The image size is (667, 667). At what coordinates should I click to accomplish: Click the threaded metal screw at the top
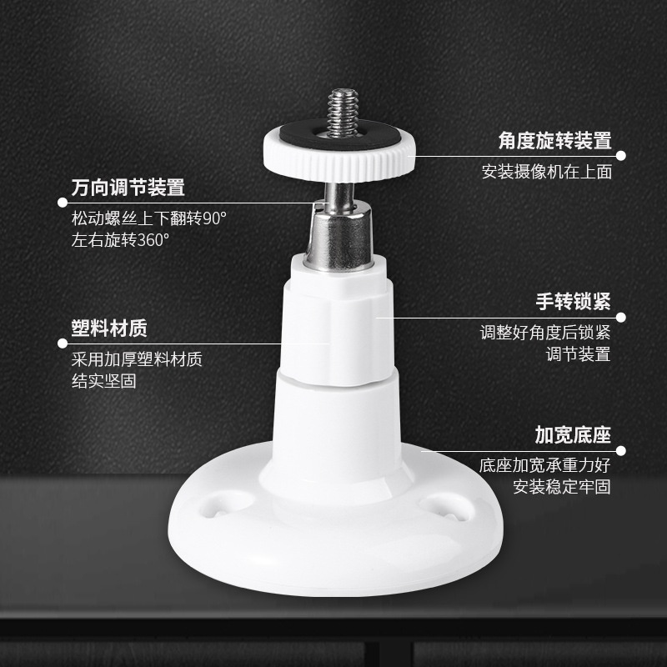pyautogui.click(x=343, y=113)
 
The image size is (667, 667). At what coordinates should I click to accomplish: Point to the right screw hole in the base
pyautogui.click(x=447, y=507)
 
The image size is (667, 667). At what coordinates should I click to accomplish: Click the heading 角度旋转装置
pyautogui.click(x=555, y=140)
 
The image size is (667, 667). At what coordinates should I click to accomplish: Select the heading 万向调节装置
pyautogui.click(x=128, y=188)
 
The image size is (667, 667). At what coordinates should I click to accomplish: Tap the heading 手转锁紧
pyautogui.click(x=573, y=302)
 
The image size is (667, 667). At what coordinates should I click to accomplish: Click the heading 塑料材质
pyautogui.click(x=109, y=328)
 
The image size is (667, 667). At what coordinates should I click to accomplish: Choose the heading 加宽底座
pyautogui.click(x=573, y=434)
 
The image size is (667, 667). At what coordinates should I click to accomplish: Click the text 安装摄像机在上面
pyautogui.click(x=547, y=172)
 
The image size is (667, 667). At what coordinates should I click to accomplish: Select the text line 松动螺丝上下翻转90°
pyautogui.click(x=149, y=218)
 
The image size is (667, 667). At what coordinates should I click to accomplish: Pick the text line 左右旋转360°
pyautogui.click(x=120, y=240)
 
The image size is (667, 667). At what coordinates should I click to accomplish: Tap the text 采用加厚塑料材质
pyautogui.click(x=137, y=359)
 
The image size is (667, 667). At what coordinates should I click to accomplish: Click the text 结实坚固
pyautogui.click(x=104, y=381)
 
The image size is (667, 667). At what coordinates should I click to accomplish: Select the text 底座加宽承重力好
pyautogui.click(x=545, y=465)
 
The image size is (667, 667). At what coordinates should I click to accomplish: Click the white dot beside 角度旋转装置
pyautogui.click(x=621, y=156)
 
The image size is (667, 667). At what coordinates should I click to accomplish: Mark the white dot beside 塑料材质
pyautogui.click(x=63, y=344)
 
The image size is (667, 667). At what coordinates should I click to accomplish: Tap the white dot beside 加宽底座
pyautogui.click(x=621, y=451)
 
